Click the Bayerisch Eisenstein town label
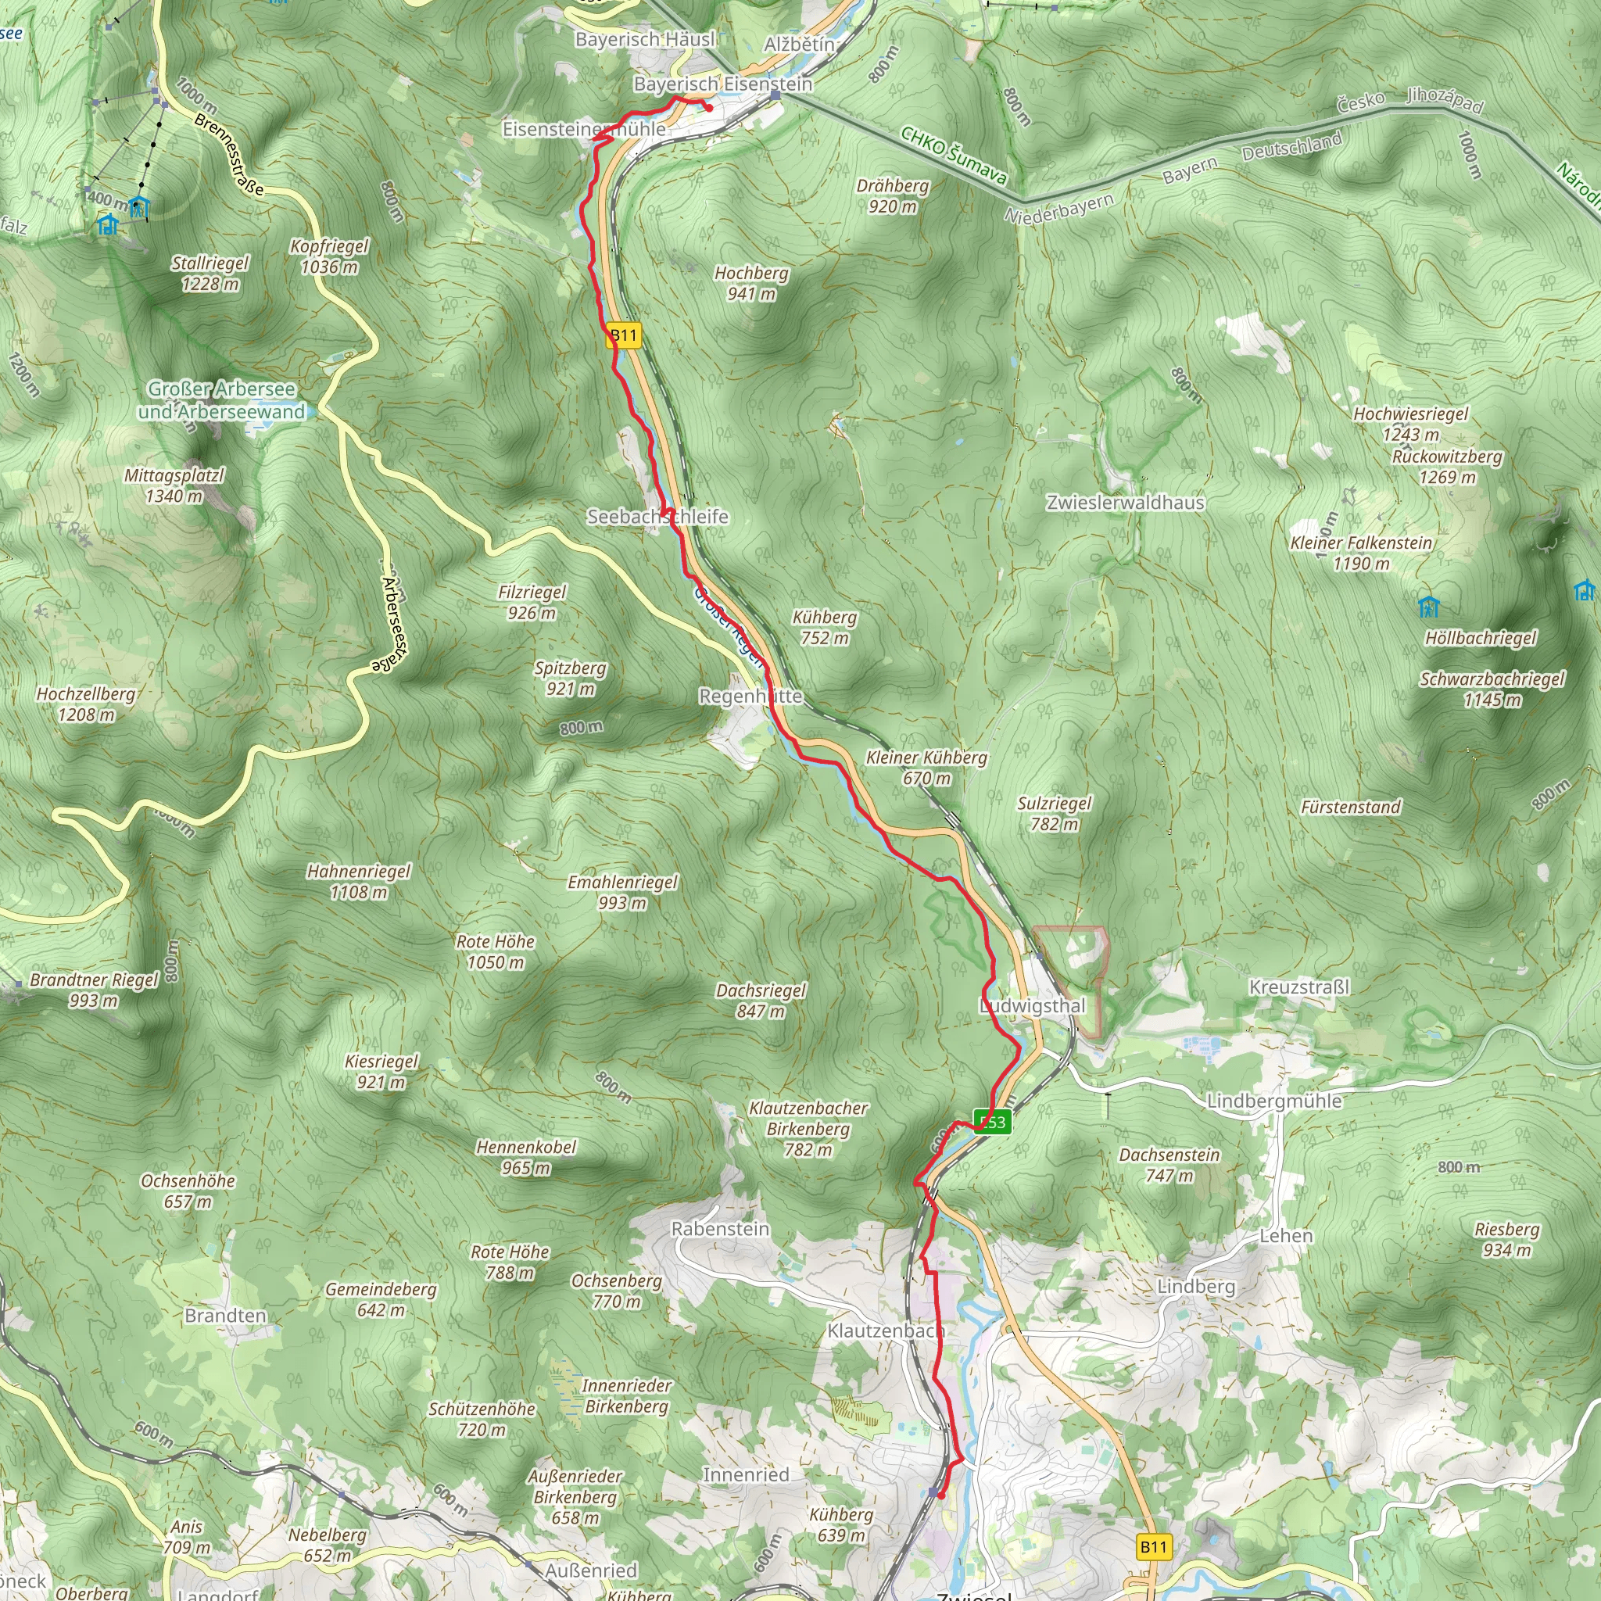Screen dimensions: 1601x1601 tap(722, 84)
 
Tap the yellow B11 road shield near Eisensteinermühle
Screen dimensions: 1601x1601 tap(623, 335)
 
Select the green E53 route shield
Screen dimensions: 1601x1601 tap(992, 1123)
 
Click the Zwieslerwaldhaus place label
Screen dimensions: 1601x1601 tap(1126, 502)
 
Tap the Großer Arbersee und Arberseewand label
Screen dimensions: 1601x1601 tap(221, 400)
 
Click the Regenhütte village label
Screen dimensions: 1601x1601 tap(750, 696)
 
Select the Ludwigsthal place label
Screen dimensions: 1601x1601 tap(1033, 1006)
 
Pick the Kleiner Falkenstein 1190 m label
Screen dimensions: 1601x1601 tap(1362, 553)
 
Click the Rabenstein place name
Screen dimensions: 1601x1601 tap(720, 1229)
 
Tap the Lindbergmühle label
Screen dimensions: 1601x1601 tap(1273, 1101)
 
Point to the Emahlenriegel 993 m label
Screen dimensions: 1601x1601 tap(622, 893)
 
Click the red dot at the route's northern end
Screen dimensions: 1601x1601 tap(708, 108)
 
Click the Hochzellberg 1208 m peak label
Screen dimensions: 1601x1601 tap(86, 704)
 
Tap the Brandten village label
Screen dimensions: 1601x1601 tap(225, 1316)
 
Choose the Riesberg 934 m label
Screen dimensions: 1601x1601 tap(1506, 1240)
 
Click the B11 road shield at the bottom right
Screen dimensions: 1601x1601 tap(1154, 1546)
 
